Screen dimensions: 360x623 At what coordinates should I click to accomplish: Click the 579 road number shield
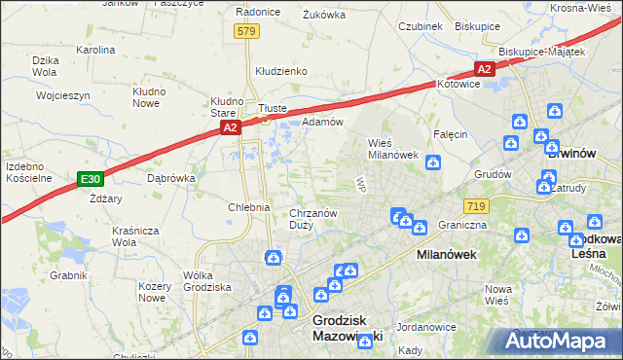(x=246, y=31)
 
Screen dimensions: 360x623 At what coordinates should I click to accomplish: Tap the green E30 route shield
(x=91, y=179)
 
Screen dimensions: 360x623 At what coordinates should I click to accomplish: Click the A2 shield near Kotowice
(x=485, y=69)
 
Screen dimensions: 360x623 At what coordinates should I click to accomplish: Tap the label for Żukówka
(x=324, y=15)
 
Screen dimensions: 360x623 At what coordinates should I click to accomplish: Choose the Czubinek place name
(x=421, y=26)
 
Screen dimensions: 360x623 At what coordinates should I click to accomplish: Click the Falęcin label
(x=452, y=134)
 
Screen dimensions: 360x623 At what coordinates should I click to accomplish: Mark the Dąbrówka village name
(x=172, y=179)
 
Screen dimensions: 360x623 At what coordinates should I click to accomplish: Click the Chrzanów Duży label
(x=313, y=219)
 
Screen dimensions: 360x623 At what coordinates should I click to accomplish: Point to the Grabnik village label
(x=69, y=275)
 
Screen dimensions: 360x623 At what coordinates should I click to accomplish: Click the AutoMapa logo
(x=557, y=342)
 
